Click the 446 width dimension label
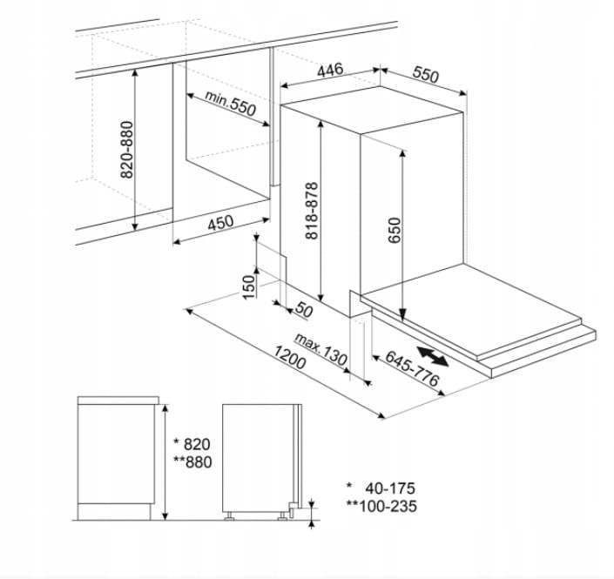[x=330, y=71]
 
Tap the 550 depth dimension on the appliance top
[x=426, y=75]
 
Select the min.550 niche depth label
[x=230, y=104]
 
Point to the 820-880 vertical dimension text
[x=127, y=150]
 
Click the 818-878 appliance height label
[x=312, y=211]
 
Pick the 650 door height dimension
[x=395, y=231]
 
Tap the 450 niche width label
[x=220, y=223]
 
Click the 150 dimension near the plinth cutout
[x=249, y=287]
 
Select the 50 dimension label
[x=304, y=310]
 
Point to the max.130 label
[x=320, y=349]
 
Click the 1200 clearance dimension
[x=289, y=358]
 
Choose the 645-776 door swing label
[x=412, y=368]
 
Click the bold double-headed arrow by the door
[x=432, y=356]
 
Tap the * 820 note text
[x=192, y=444]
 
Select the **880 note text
[x=192, y=462]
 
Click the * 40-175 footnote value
[x=381, y=488]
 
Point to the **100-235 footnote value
[x=381, y=506]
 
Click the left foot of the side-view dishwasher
[x=229, y=516]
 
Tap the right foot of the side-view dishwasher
[x=282, y=516]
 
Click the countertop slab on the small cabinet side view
[x=118, y=401]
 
